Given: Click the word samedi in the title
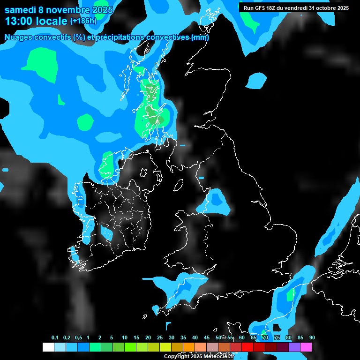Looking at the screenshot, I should coord(21,10).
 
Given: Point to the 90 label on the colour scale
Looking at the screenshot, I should coord(312,337).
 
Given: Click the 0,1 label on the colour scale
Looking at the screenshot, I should coord(55,337).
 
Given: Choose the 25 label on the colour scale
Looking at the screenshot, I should coord(160,337).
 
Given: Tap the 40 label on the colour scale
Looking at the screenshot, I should coord(195,337).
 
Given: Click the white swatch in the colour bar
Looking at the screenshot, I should coord(48,347).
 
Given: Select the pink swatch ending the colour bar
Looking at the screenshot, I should coord(306,347).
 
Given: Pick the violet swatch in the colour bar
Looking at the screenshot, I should coord(294,347).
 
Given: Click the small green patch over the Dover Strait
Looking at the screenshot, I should coord(291,294).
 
